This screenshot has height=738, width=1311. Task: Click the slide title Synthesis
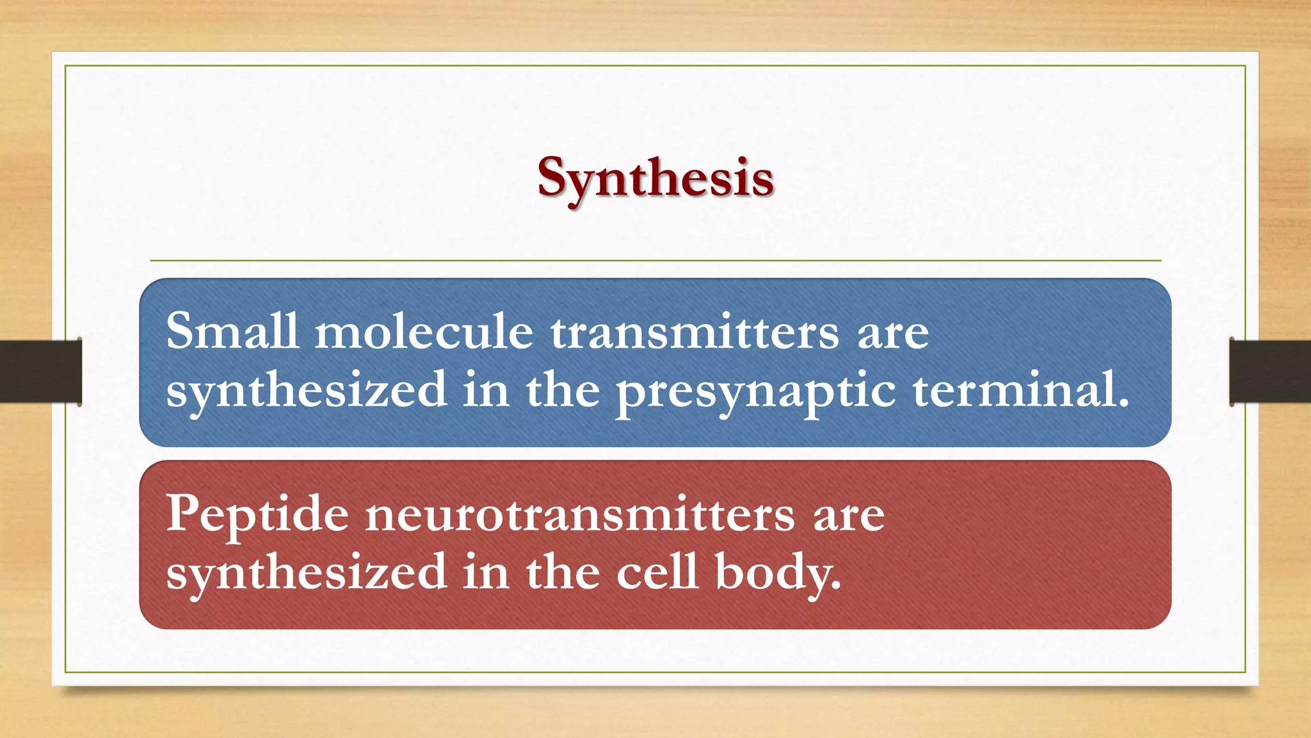coord(655,178)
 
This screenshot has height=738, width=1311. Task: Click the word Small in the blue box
coord(232,331)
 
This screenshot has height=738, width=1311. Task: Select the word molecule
coord(424,331)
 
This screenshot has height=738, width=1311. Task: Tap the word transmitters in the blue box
coord(695,331)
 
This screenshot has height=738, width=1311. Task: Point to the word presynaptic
coord(755,391)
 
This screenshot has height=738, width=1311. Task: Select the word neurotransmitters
coord(580,514)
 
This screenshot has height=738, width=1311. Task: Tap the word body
coord(775,572)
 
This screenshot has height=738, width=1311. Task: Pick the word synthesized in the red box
coord(306,572)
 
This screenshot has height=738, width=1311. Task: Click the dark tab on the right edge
coord(1270,372)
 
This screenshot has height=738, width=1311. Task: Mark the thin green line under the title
coord(655,261)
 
